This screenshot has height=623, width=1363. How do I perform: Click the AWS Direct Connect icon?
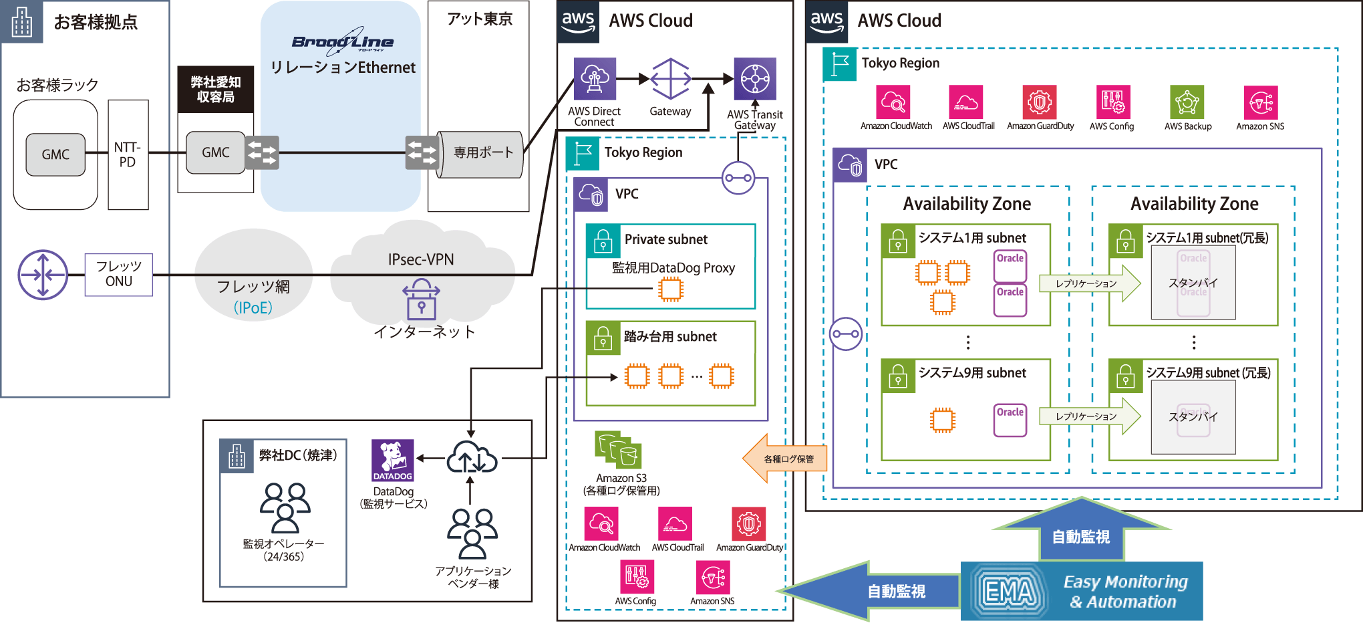tap(595, 79)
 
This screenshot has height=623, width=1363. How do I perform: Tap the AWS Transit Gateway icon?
tap(755, 79)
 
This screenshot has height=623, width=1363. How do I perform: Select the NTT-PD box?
tap(128, 154)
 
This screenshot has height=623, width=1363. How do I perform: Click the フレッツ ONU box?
tap(119, 274)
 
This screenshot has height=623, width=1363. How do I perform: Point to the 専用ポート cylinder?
tap(480, 154)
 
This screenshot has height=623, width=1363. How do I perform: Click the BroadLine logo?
tap(343, 40)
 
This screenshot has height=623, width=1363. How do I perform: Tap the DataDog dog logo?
tap(393, 460)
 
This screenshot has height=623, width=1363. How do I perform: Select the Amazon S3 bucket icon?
tap(618, 449)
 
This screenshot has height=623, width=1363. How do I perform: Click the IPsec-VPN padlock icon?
tap(421, 299)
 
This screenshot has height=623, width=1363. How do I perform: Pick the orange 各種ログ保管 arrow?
tap(784, 459)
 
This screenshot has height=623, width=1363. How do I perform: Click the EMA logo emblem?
tap(1010, 591)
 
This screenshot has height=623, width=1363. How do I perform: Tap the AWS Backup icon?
tap(1187, 102)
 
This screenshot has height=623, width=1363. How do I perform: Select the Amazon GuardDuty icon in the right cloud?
tap(1040, 102)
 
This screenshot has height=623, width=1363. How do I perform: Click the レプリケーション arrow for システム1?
tap(1090, 283)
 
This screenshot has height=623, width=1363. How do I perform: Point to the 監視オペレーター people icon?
tap(285, 507)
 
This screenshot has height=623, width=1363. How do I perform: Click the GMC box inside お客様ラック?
tap(55, 154)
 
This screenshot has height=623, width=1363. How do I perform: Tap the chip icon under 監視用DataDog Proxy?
tap(670, 289)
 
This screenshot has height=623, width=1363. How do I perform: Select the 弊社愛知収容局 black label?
tap(215, 90)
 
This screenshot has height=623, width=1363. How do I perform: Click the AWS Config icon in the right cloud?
tap(1113, 102)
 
